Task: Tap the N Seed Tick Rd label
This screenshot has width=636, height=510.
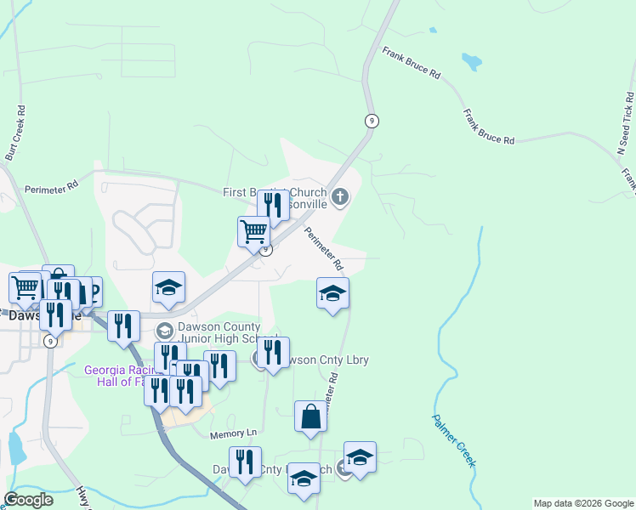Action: pyautogui.click(x=626, y=122)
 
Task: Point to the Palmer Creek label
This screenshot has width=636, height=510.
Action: pyautogui.click(x=453, y=440)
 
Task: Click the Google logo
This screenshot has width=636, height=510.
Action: pyautogui.click(x=29, y=500)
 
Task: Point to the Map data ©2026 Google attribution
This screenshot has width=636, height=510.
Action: pyautogui.click(x=582, y=503)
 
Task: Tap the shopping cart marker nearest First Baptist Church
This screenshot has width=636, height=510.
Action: pyautogui.click(x=254, y=230)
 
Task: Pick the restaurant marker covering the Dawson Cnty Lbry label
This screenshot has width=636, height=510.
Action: pyautogui.click(x=273, y=352)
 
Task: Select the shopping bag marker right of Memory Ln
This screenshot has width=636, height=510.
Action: pyautogui.click(x=310, y=416)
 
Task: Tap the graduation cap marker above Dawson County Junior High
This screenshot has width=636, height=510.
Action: pyautogui.click(x=168, y=288)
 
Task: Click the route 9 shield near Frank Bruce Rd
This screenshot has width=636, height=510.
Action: pyautogui.click(x=371, y=121)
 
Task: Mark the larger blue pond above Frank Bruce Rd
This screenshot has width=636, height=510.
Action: pyautogui.click(x=470, y=61)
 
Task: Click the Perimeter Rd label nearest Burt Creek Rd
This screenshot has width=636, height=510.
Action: pyautogui.click(x=51, y=188)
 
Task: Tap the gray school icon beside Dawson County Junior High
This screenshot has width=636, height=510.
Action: pyautogui.click(x=164, y=330)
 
